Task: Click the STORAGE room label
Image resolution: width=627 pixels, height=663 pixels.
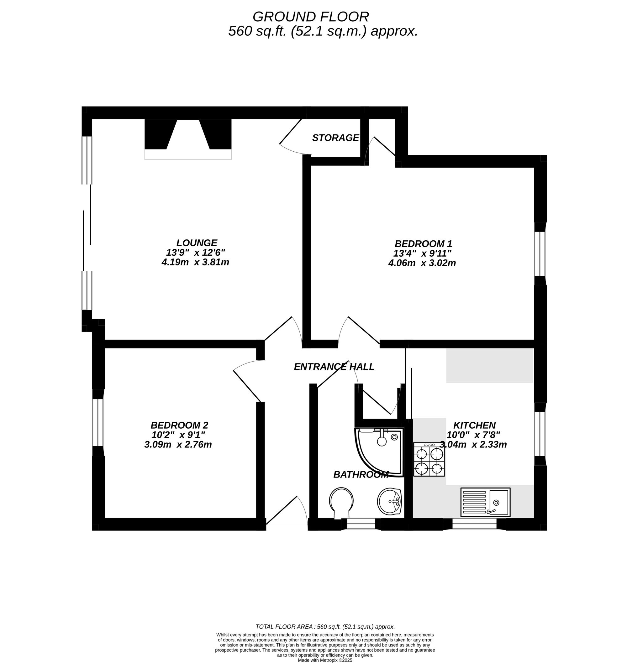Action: pos(335,138)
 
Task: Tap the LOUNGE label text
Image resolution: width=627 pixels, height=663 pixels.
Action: pos(197,243)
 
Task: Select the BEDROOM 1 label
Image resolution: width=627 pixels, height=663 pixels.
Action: pos(423,243)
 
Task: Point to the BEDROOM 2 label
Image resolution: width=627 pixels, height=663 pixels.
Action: pos(179,425)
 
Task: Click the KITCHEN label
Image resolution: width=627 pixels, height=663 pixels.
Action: pos(474,425)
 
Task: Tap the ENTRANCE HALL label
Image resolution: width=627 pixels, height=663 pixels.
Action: pos(334,367)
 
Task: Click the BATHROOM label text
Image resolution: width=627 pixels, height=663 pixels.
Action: pos(361,474)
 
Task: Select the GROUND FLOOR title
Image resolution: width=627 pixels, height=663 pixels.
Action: pos(310,17)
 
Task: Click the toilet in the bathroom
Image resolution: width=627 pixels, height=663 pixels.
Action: pos(341,502)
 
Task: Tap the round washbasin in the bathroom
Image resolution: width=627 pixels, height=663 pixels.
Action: pos(389,501)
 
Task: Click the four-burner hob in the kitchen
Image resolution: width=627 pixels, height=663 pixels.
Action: pos(429,459)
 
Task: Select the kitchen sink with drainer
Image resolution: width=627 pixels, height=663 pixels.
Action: pos(485,502)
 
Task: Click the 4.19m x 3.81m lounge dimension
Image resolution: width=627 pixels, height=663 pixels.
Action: pos(195,262)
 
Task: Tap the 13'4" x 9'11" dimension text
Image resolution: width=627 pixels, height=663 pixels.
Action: pos(423,253)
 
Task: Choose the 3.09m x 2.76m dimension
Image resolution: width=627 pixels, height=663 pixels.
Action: pos(178,445)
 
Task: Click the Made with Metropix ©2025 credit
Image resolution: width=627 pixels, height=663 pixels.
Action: pos(325,660)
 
